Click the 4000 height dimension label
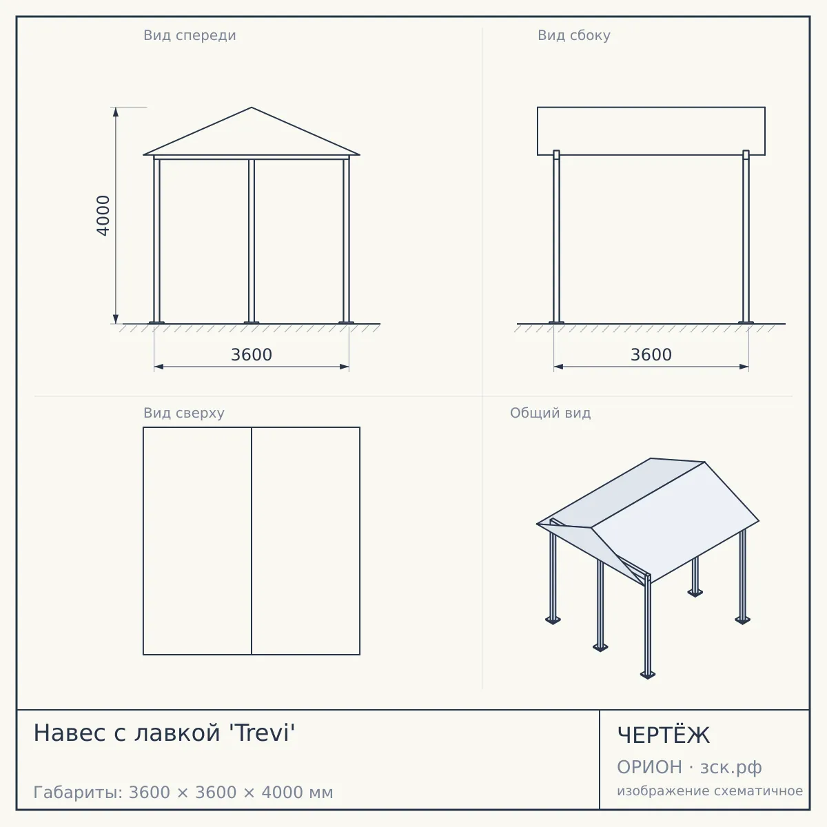pyautogui.click(x=103, y=216)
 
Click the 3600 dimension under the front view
pyautogui.click(x=252, y=355)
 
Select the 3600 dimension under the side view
pyautogui.click(x=651, y=355)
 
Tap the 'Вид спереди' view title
pyautogui.click(x=190, y=35)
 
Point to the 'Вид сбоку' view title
pyautogui.click(x=574, y=35)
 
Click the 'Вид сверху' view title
pyautogui.click(x=184, y=413)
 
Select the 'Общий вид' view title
pyautogui.click(x=550, y=413)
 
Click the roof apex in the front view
pyautogui.click(x=252, y=108)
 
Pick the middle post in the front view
pyautogui.click(x=252, y=241)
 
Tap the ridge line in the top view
pyautogui.click(x=252, y=541)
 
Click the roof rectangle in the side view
pyautogui.click(x=651, y=131)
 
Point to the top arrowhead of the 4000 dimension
pyautogui.click(x=116, y=112)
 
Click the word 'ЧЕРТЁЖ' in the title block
pyautogui.click(x=664, y=735)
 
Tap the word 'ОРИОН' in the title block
pyautogui.click(x=649, y=767)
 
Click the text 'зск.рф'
pyautogui.click(x=731, y=768)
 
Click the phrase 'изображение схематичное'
pyautogui.click(x=710, y=790)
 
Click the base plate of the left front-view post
pyautogui.click(x=156, y=323)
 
